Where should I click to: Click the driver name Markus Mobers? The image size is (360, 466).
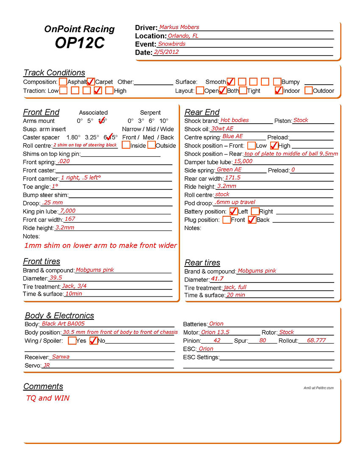(179, 28)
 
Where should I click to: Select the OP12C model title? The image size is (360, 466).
(79, 43)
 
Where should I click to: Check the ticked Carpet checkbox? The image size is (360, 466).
(91, 81)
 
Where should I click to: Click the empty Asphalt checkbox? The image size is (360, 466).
(63, 81)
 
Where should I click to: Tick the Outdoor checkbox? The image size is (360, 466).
(308, 90)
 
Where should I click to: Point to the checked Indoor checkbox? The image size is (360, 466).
(278, 90)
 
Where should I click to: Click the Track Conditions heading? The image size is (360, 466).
(54, 72)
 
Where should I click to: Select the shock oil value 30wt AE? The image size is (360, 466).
(222, 128)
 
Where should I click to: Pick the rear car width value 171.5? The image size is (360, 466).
(233, 178)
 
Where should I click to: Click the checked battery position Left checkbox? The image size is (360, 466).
(233, 211)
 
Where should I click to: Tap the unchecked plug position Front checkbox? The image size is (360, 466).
(227, 219)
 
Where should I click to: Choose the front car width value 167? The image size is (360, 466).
(70, 219)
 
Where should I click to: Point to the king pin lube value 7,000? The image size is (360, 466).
(68, 211)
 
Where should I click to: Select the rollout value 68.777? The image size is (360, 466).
(316, 340)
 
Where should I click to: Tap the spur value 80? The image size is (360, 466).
(263, 340)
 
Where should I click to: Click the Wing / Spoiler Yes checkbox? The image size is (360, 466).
(72, 341)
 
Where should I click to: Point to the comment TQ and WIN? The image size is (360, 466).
(48, 398)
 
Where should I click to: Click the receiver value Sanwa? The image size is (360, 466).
(61, 357)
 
